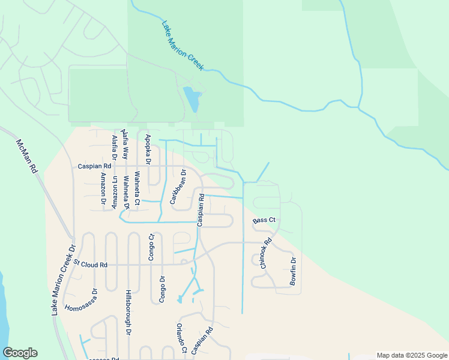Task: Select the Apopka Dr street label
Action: coord(148,149)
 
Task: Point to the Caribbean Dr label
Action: coord(178,187)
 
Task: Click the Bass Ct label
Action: coord(264,221)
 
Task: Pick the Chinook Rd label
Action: coord(262,253)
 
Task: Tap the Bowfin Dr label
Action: coord(294,271)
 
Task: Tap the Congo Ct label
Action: coord(151,247)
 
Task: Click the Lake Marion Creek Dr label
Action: coord(64,280)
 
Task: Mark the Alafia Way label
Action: coord(125,143)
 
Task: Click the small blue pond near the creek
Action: coord(191,99)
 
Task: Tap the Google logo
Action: coord(20,353)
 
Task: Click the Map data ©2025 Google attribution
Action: coord(411,355)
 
